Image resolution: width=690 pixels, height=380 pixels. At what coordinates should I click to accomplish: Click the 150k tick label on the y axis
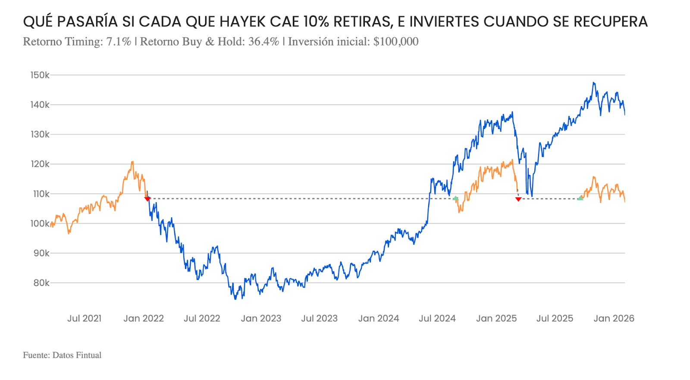tap(40, 75)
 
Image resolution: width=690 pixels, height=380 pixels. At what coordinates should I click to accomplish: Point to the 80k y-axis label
tap(41, 283)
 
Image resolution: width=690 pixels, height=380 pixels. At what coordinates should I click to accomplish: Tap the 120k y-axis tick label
tap(40, 164)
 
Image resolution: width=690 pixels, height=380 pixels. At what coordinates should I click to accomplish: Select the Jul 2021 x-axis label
tap(85, 318)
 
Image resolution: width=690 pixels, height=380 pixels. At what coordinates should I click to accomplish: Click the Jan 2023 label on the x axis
tap(261, 318)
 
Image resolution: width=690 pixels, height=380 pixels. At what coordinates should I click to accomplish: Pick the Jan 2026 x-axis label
tap(614, 318)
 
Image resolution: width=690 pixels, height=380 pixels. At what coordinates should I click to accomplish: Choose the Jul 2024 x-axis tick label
tap(437, 318)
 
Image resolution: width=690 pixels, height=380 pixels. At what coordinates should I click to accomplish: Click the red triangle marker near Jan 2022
tap(147, 199)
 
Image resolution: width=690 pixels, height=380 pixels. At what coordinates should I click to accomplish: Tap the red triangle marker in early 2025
tap(518, 199)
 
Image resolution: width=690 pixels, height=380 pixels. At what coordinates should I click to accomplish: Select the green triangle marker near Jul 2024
tap(455, 198)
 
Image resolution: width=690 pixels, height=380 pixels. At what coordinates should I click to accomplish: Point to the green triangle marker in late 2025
tap(580, 198)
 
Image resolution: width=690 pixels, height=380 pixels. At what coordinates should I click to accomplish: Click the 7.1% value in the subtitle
tap(119, 42)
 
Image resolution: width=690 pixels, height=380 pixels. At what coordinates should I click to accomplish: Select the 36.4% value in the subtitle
tap(263, 42)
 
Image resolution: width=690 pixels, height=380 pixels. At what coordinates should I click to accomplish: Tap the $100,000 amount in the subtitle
tap(396, 42)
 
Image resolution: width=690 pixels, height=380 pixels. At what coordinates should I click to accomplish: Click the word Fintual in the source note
tap(88, 355)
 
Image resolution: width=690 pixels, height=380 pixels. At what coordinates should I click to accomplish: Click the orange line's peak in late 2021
tap(132, 162)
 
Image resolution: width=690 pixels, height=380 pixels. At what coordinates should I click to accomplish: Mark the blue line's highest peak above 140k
tap(594, 83)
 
